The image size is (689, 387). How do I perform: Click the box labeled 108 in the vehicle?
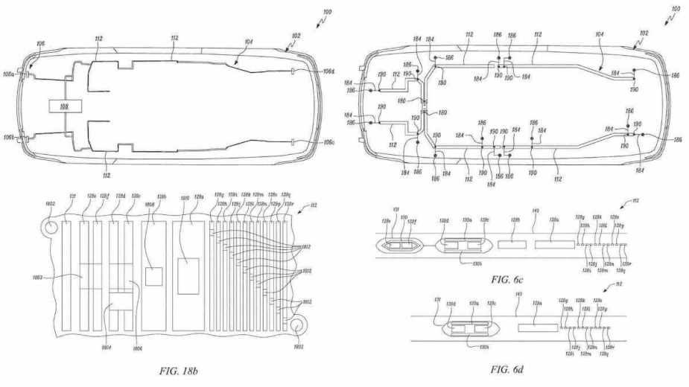pyautogui.click(x=64, y=106)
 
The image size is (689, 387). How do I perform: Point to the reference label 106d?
pyautogui.click(x=328, y=71)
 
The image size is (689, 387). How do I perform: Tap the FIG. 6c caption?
pyautogui.click(x=509, y=280)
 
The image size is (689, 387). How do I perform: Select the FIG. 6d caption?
pyautogui.click(x=509, y=369)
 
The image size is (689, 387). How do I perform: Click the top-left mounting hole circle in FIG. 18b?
pyautogui.click(x=51, y=226)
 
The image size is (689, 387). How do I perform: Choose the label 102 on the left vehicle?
pyautogui.click(x=296, y=35)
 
